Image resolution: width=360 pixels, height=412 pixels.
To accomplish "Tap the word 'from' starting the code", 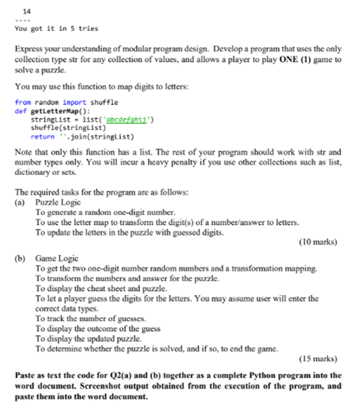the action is click(x=22, y=102).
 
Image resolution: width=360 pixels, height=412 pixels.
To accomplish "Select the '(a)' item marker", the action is click(x=20, y=202).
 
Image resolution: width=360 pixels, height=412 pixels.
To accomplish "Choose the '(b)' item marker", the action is click(x=20, y=259).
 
